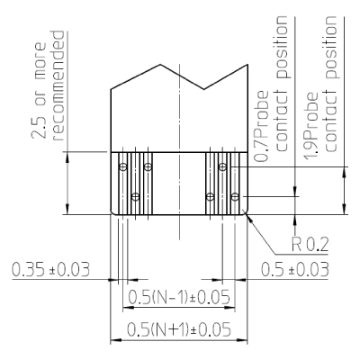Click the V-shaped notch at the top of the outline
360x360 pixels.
coord(205,89)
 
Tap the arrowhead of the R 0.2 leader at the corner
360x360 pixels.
coord(245,212)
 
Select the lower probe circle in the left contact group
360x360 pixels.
coord(135,196)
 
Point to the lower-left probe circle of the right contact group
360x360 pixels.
coord(210,196)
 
